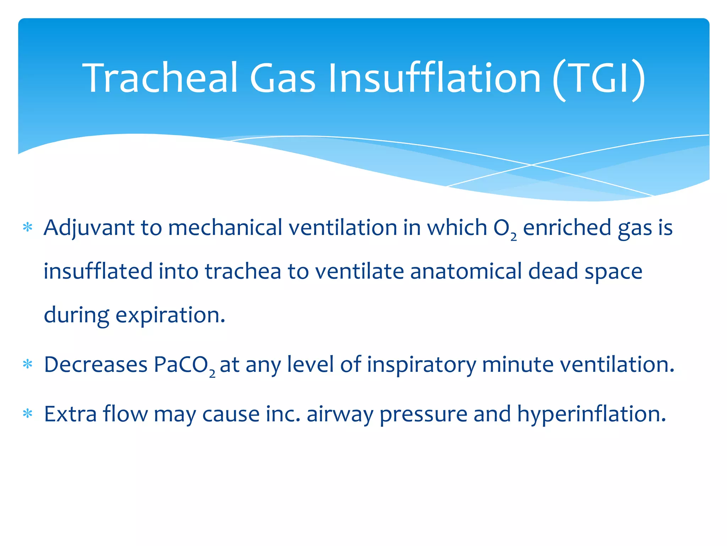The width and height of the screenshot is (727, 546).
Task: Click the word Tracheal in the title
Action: [160, 77]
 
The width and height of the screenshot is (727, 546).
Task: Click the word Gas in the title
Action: [282, 77]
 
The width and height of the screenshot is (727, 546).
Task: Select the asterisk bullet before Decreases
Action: [27, 364]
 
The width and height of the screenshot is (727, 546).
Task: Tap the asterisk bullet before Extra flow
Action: [27, 414]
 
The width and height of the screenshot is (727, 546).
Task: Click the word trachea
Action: [243, 272]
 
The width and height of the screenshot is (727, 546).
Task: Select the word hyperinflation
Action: [591, 414]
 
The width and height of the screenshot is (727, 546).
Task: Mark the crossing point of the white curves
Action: [531, 165]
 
